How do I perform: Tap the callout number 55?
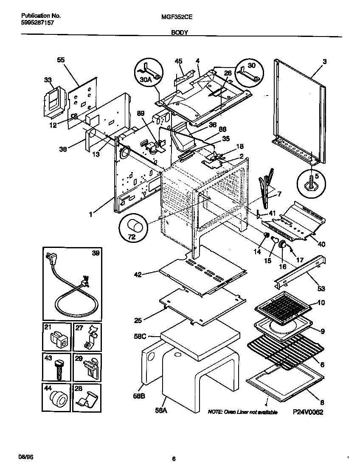(x=61, y=61)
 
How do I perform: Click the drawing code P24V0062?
(x=308, y=411)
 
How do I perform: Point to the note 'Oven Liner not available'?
(x=242, y=412)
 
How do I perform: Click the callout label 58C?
(x=140, y=336)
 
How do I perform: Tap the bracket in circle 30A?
(x=150, y=71)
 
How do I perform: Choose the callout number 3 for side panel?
(x=324, y=62)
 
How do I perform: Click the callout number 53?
(x=321, y=289)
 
